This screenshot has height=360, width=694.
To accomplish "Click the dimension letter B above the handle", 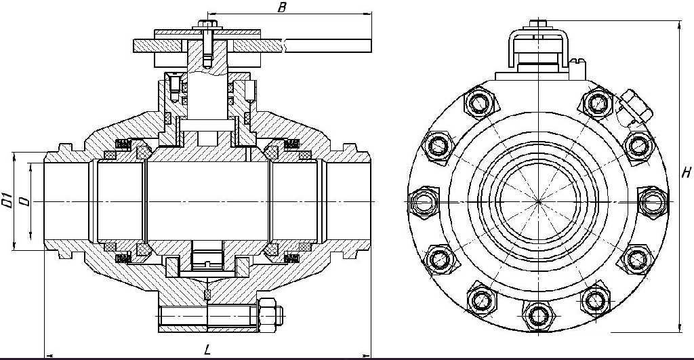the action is coord(281,7).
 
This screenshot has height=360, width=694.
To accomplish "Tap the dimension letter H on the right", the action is coord(686,173).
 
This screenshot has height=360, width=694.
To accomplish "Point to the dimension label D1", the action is coord(7,201).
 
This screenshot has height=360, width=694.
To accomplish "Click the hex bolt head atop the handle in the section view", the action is coord(207,23).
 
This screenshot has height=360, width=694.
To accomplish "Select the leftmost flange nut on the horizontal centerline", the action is coord(424,202).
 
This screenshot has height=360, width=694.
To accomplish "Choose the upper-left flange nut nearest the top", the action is coord(481,103).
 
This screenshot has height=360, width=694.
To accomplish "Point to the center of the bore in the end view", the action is coord(539,201).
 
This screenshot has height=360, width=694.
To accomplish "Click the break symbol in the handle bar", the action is coord(285,45).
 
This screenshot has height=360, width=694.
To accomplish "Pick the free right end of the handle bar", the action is coord(371,45).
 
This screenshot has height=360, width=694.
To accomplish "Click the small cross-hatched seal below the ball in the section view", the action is coord(207,295).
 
